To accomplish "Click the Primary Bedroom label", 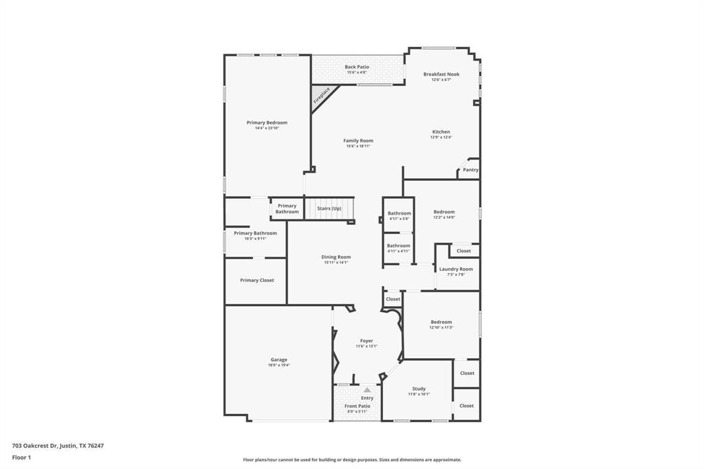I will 267,122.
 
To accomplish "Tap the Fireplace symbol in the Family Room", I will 322,95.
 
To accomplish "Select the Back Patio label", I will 357,67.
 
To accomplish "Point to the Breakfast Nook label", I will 441,74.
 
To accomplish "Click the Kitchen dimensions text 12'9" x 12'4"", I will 441,138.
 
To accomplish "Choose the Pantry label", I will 470,170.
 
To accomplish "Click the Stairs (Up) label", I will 329,208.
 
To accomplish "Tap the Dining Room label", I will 336,257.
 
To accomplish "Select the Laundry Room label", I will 456,269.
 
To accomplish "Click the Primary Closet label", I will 257,281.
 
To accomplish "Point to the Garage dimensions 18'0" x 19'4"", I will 278,365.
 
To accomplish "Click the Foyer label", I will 366,340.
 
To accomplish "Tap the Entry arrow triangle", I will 367,390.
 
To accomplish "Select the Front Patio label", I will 357,406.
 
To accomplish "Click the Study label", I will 419,389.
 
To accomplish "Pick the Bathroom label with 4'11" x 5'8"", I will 399,213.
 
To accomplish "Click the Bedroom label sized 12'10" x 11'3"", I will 441,322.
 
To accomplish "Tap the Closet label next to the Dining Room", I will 393,299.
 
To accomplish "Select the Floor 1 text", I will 22,457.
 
